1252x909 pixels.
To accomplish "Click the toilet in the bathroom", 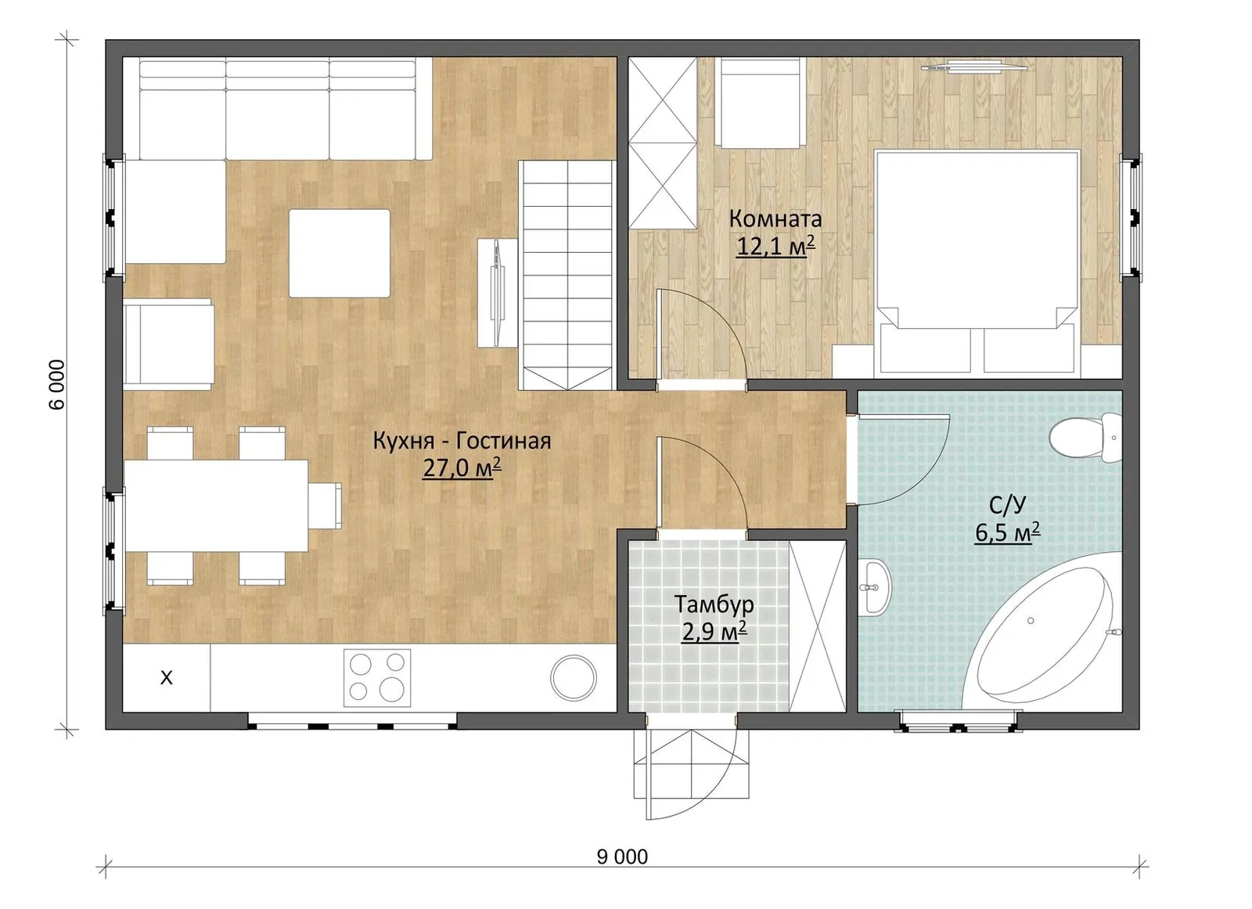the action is click(x=1085, y=438).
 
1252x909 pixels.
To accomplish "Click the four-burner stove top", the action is click(x=376, y=678).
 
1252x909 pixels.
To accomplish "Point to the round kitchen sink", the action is click(x=574, y=678).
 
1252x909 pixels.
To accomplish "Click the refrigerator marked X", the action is click(x=167, y=678).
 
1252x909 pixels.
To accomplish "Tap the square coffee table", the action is click(x=340, y=254).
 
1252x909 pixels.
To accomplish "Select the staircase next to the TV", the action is click(x=567, y=276).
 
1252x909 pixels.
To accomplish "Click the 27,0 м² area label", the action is click(x=462, y=467).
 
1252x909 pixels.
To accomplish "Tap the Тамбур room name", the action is click(x=714, y=604).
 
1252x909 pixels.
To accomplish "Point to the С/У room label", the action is click(x=1007, y=506).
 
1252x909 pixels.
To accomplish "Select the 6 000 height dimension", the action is click(x=57, y=385).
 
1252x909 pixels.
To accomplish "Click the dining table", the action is click(x=216, y=506).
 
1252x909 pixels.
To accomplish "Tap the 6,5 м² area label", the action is click(x=1007, y=532).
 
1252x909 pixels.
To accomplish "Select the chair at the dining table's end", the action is click(x=325, y=506).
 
